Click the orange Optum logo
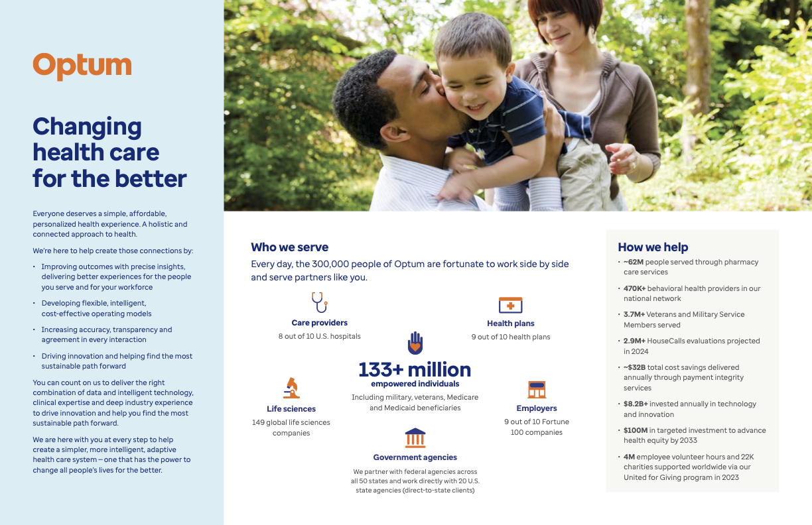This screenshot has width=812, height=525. (x=82, y=66)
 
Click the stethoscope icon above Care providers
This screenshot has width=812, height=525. (x=319, y=302)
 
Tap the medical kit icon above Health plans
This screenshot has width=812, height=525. (x=510, y=305)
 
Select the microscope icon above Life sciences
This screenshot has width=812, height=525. (x=291, y=388)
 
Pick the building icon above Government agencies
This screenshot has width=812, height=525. (x=415, y=437)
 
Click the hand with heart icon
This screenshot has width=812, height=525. (x=415, y=343)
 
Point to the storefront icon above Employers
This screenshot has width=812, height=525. (x=536, y=389)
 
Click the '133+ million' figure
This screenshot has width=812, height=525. (x=415, y=369)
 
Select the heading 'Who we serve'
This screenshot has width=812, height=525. (x=289, y=247)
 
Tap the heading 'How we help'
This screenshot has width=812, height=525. (x=653, y=247)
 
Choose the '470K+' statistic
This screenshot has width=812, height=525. (x=634, y=288)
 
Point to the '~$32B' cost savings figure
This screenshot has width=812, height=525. (x=635, y=367)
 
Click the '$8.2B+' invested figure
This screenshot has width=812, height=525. (x=636, y=404)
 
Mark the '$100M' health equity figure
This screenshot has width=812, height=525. (x=635, y=430)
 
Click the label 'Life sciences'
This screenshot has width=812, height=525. (x=291, y=409)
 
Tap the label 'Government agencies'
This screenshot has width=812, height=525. (x=415, y=457)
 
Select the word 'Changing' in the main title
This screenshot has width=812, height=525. (x=87, y=126)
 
